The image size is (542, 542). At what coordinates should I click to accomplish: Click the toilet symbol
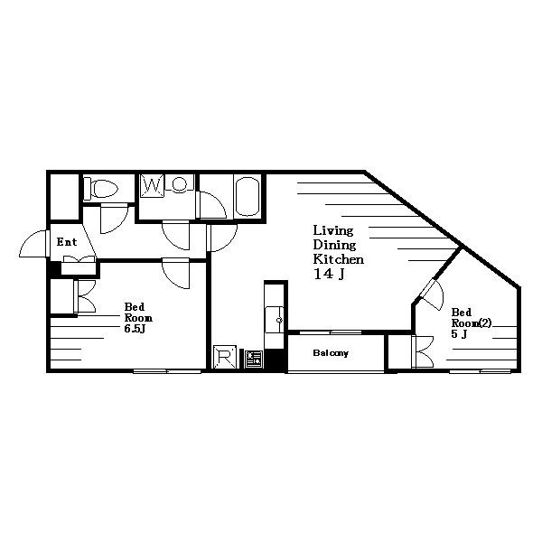101,189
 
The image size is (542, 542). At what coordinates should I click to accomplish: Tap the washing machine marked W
152,186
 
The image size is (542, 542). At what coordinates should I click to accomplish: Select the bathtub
247,196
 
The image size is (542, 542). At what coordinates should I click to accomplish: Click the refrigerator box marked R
225,357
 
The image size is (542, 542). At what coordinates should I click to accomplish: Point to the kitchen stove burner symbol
254,360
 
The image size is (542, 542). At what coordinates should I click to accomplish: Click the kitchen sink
275,320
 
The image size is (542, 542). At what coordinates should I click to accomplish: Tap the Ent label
67,242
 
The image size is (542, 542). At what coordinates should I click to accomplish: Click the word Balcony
331,353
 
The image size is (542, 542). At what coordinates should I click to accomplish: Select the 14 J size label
329,274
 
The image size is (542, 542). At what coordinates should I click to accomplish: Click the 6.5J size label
135,329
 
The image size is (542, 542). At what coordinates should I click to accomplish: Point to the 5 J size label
460,334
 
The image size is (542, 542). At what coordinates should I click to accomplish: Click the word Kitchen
339,259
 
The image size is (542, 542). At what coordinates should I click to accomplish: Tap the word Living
333,230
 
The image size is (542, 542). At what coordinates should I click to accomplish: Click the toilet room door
114,219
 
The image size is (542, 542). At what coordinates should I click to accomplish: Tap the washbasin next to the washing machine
179,183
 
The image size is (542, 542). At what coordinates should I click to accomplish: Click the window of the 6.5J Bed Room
167,371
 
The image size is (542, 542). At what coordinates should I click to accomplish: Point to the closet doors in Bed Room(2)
423,352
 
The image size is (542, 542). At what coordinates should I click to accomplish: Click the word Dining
334,245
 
